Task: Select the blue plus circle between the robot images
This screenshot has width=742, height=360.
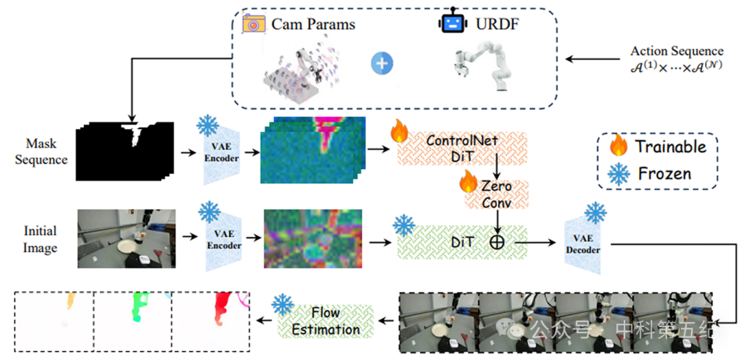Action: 383,63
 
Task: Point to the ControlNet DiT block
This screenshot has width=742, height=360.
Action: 462,148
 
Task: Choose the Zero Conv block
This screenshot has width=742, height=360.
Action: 497,194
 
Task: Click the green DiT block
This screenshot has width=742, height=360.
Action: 462,243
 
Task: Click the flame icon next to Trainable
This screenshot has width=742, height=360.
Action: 618,146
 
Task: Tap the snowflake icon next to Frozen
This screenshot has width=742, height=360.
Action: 619,174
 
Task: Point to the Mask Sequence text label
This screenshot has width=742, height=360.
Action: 41,151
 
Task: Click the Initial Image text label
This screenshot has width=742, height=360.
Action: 41,239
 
